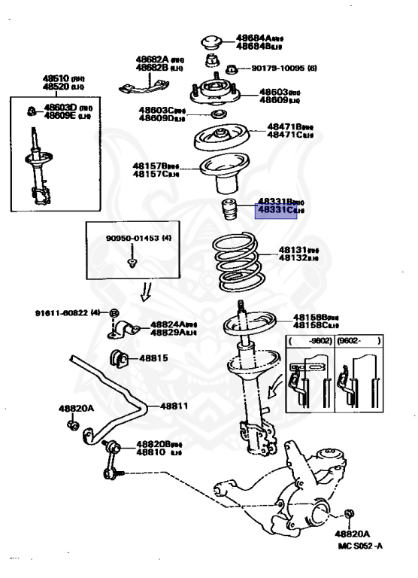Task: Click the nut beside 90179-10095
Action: point(232,69)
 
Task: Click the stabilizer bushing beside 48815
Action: point(119,357)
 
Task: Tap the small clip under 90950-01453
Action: point(133,263)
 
